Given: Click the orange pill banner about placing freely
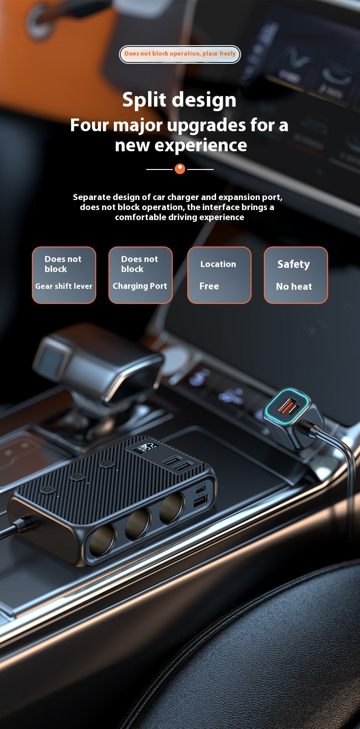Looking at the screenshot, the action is click(180, 54).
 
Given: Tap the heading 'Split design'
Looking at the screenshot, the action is click(180, 100).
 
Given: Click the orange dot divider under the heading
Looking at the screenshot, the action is click(180, 169).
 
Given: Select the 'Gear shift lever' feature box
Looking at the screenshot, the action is click(64, 275).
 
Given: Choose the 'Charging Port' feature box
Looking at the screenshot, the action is click(140, 275).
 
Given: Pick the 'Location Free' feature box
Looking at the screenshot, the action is click(219, 275).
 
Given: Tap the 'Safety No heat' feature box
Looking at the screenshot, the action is click(296, 275).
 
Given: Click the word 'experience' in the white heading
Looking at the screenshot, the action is click(201, 145).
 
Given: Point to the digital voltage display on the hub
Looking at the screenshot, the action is click(148, 447).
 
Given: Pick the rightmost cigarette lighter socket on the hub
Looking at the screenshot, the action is click(171, 508).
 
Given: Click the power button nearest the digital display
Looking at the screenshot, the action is click(107, 464).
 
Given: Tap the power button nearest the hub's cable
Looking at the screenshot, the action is click(47, 490).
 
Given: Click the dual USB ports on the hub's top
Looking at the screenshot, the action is click(177, 463).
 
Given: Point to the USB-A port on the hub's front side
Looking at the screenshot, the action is click(201, 501).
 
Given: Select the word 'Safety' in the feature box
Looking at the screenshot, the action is click(293, 264).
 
